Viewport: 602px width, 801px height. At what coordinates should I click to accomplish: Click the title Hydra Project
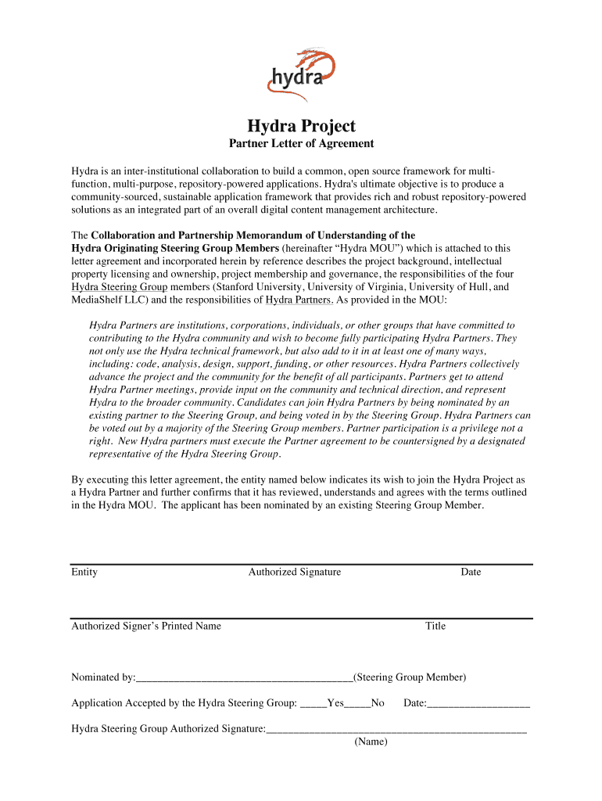[x=301, y=126]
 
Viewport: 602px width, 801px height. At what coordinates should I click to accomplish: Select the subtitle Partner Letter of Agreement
[x=301, y=144]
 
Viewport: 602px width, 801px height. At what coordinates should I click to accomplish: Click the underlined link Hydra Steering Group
[x=120, y=287]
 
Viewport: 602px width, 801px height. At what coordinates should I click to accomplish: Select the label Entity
[x=84, y=572]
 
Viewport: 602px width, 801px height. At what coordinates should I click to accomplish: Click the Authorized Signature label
[x=295, y=572]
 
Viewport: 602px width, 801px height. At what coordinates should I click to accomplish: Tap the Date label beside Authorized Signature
[x=471, y=572]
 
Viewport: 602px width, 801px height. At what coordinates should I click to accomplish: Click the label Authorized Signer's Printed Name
[x=146, y=626]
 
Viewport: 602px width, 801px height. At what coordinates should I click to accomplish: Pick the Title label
[x=435, y=626]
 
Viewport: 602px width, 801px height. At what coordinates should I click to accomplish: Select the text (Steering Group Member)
[x=410, y=677]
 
